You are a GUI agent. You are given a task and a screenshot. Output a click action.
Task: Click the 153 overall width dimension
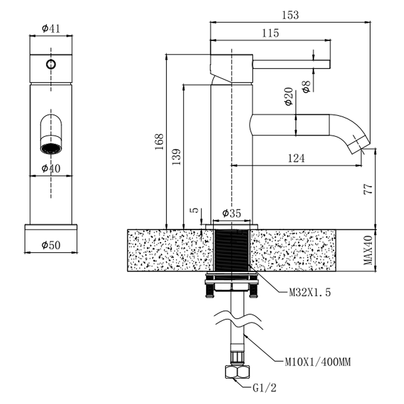point(290,15)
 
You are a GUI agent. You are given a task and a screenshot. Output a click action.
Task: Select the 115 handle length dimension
point(270,33)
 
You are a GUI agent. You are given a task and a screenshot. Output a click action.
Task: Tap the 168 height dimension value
point(159,142)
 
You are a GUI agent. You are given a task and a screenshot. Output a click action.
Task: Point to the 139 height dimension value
point(176,157)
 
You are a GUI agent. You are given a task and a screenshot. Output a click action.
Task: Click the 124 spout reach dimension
point(296,158)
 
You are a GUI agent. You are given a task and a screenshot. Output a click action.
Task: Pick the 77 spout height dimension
point(368,189)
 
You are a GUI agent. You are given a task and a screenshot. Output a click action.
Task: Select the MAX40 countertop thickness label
point(368,250)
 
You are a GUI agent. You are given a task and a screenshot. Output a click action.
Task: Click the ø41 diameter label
point(51,28)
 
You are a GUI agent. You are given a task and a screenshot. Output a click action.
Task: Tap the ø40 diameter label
point(51,169)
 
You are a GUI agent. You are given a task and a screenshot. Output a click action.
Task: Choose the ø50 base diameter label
point(51,245)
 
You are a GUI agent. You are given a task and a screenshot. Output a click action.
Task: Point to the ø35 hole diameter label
point(232,213)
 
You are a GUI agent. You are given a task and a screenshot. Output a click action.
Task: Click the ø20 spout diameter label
point(288,97)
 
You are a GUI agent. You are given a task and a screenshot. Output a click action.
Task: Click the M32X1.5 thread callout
point(310,292)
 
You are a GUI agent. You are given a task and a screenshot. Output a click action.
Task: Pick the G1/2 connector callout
point(264,388)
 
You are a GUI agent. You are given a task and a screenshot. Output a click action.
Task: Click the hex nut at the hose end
point(237,372)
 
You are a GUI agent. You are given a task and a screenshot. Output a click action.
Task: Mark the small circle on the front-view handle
point(51,64)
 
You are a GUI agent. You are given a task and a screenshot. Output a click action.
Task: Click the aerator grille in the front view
point(51,149)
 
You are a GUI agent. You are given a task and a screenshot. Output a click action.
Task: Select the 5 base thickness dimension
point(196,210)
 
